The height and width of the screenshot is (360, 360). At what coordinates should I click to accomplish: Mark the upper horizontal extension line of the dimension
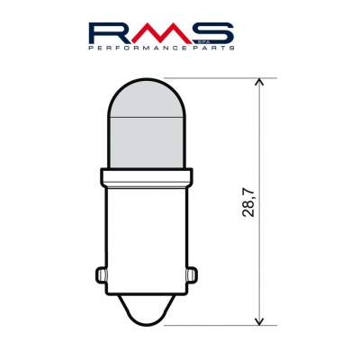(x=216, y=77)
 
